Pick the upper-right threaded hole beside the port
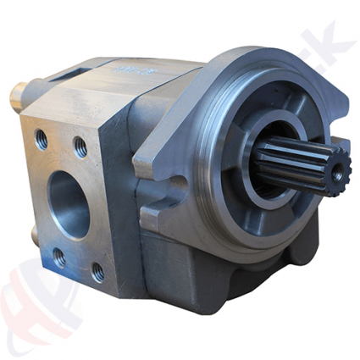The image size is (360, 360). click(80, 147)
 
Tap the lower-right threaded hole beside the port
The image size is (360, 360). click(98, 272)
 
